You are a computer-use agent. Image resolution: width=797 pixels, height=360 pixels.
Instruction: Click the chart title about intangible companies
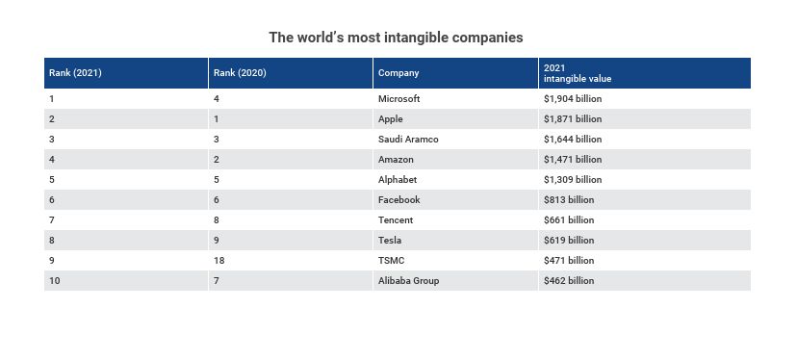[396, 38]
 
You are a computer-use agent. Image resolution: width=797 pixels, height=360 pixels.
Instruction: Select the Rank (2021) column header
[75, 73]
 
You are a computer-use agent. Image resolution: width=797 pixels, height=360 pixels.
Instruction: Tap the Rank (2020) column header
[240, 73]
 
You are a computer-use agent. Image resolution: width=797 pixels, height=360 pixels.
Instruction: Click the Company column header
[398, 73]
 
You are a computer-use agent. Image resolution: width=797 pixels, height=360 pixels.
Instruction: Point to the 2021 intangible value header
[578, 73]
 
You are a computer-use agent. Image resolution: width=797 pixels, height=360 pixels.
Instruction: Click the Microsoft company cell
[399, 98]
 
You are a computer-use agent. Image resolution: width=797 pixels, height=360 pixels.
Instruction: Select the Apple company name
[391, 119]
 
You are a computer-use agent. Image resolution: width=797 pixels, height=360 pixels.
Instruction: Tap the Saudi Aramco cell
[408, 140]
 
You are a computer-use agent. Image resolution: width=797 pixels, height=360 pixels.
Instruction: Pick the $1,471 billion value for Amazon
[573, 160]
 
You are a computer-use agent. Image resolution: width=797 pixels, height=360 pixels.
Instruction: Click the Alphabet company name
[398, 179]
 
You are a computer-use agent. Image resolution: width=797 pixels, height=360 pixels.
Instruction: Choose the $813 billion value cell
[568, 200]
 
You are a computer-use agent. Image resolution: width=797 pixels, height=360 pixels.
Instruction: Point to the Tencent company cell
[396, 220]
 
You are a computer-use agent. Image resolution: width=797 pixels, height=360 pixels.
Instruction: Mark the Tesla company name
[390, 240]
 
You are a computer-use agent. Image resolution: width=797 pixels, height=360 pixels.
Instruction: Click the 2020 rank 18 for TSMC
[219, 260]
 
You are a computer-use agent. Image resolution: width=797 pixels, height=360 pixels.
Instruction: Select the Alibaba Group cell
[409, 281]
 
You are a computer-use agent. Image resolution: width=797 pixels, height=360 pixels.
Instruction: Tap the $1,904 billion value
[573, 98]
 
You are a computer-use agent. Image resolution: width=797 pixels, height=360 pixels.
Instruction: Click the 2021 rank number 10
[55, 281]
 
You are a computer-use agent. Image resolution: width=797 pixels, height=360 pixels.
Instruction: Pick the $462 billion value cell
[568, 281]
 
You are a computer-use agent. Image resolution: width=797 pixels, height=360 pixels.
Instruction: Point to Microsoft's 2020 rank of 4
[217, 98]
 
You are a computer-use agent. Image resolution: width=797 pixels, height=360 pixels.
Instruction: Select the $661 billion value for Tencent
[568, 220]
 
